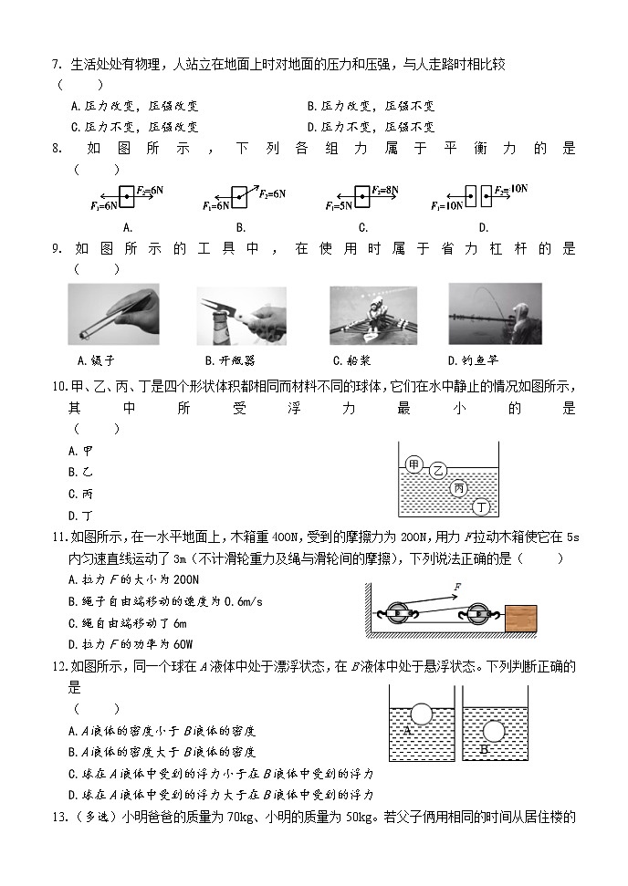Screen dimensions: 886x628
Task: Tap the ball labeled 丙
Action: click(x=459, y=488)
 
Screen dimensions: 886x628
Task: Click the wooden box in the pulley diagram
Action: click(x=519, y=618)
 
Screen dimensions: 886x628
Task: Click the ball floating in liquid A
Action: click(x=421, y=712)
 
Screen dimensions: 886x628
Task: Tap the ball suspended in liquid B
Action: click(x=493, y=731)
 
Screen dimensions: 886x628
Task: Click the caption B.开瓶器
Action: click(x=229, y=360)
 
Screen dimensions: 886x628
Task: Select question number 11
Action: click(x=58, y=537)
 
